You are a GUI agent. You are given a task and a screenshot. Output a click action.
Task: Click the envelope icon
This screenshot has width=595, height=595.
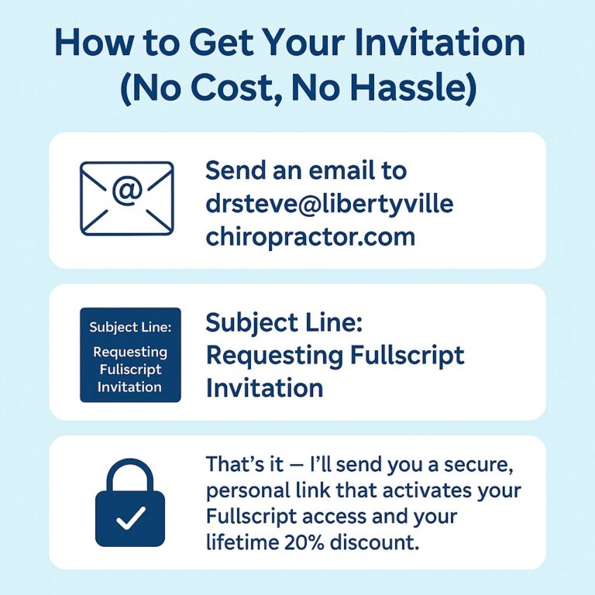pos(127,198)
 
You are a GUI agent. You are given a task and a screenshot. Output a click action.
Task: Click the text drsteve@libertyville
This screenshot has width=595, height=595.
pos(329,203)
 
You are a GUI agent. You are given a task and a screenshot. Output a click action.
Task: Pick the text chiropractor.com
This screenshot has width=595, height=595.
pos(310,236)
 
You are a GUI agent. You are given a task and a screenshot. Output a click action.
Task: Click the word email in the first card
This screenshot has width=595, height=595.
pos(369,170)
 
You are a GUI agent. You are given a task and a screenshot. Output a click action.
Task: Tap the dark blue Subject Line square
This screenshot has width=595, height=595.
pos(130,355)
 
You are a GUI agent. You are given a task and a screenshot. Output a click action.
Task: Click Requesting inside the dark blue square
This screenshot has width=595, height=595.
pos(130,353)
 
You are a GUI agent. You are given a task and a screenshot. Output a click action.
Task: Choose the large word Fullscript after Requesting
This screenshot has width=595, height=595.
pos(406,356)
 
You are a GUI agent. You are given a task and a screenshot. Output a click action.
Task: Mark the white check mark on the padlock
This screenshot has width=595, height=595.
pos(130,515)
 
